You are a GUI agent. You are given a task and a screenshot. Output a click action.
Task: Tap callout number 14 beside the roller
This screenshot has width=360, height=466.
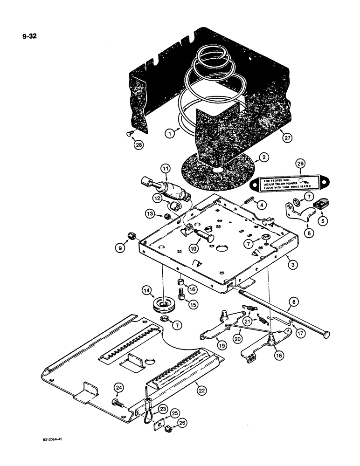(148, 291)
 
